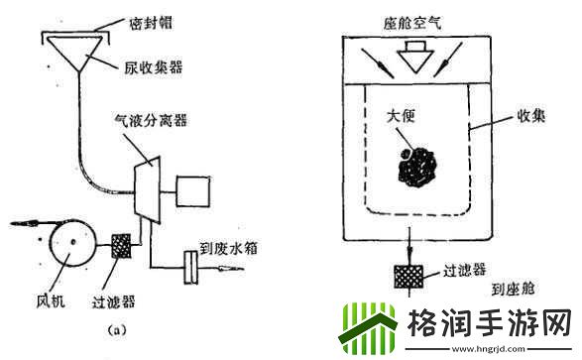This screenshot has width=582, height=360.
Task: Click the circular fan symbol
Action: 70,241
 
